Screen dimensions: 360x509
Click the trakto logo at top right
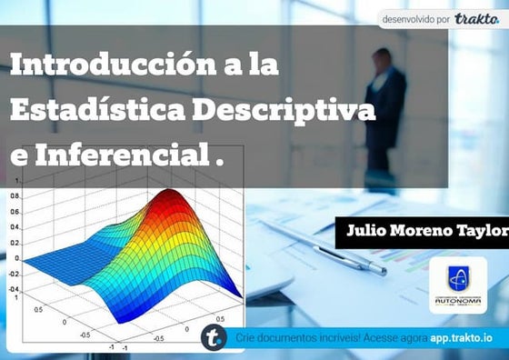tap(477, 18)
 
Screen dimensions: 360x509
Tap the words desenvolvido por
tap(415, 18)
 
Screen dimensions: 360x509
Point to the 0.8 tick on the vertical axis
tap(15, 195)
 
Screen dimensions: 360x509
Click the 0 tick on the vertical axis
tap(17, 258)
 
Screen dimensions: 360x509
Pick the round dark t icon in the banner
tap(215, 336)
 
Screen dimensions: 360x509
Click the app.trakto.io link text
tap(462, 337)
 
